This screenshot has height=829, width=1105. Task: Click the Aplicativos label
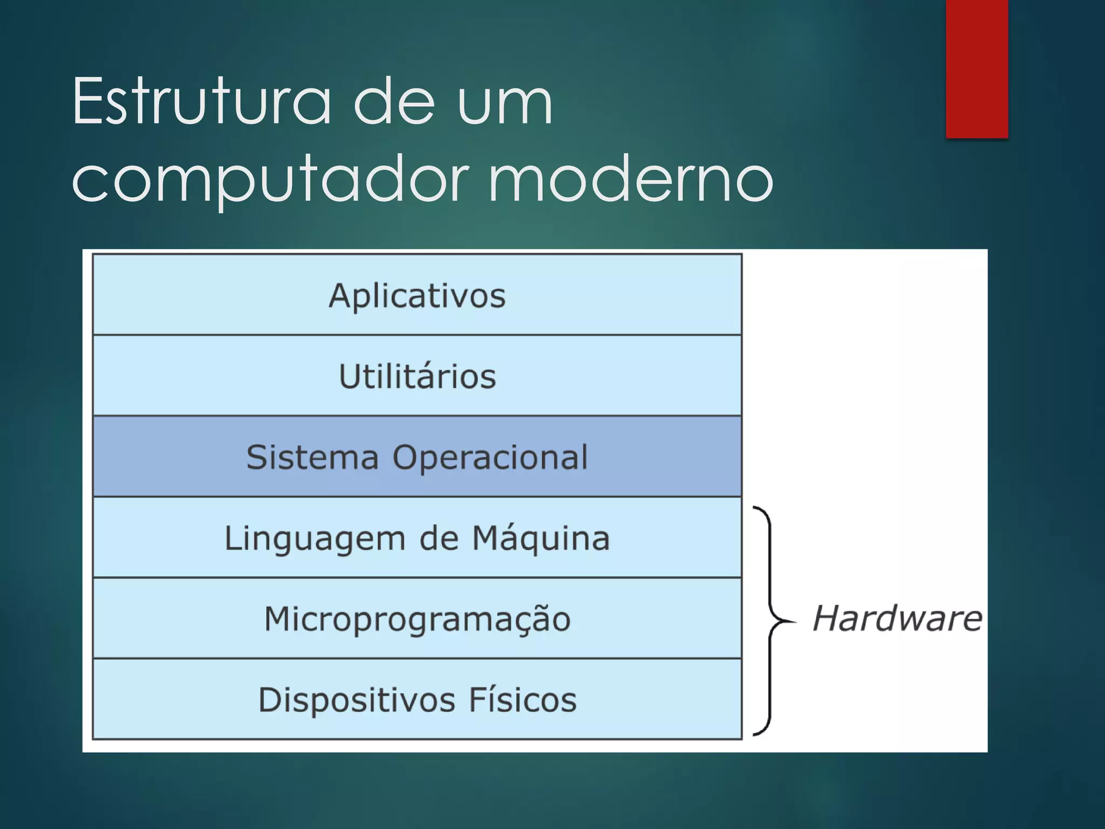pyautogui.click(x=417, y=296)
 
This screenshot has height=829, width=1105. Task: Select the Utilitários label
pyautogui.click(x=417, y=376)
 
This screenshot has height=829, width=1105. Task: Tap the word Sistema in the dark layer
pyautogui.click(x=312, y=457)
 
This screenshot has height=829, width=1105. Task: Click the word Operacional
pyautogui.click(x=490, y=458)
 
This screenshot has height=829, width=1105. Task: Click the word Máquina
pyautogui.click(x=541, y=538)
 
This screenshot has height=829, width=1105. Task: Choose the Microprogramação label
pyautogui.click(x=417, y=619)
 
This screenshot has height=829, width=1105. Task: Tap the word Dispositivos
pyautogui.click(x=357, y=700)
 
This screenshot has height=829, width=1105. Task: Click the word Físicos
pyautogui.click(x=522, y=699)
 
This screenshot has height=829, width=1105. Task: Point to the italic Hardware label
pyautogui.click(x=897, y=619)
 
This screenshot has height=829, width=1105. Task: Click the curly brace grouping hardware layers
pyautogui.click(x=770, y=621)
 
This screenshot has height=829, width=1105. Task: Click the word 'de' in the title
pyautogui.click(x=394, y=101)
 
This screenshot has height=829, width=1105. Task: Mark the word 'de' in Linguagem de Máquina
pyautogui.click(x=438, y=538)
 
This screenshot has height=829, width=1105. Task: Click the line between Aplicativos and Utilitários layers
pyautogui.click(x=417, y=335)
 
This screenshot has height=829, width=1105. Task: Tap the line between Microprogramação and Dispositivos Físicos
pyautogui.click(x=417, y=658)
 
